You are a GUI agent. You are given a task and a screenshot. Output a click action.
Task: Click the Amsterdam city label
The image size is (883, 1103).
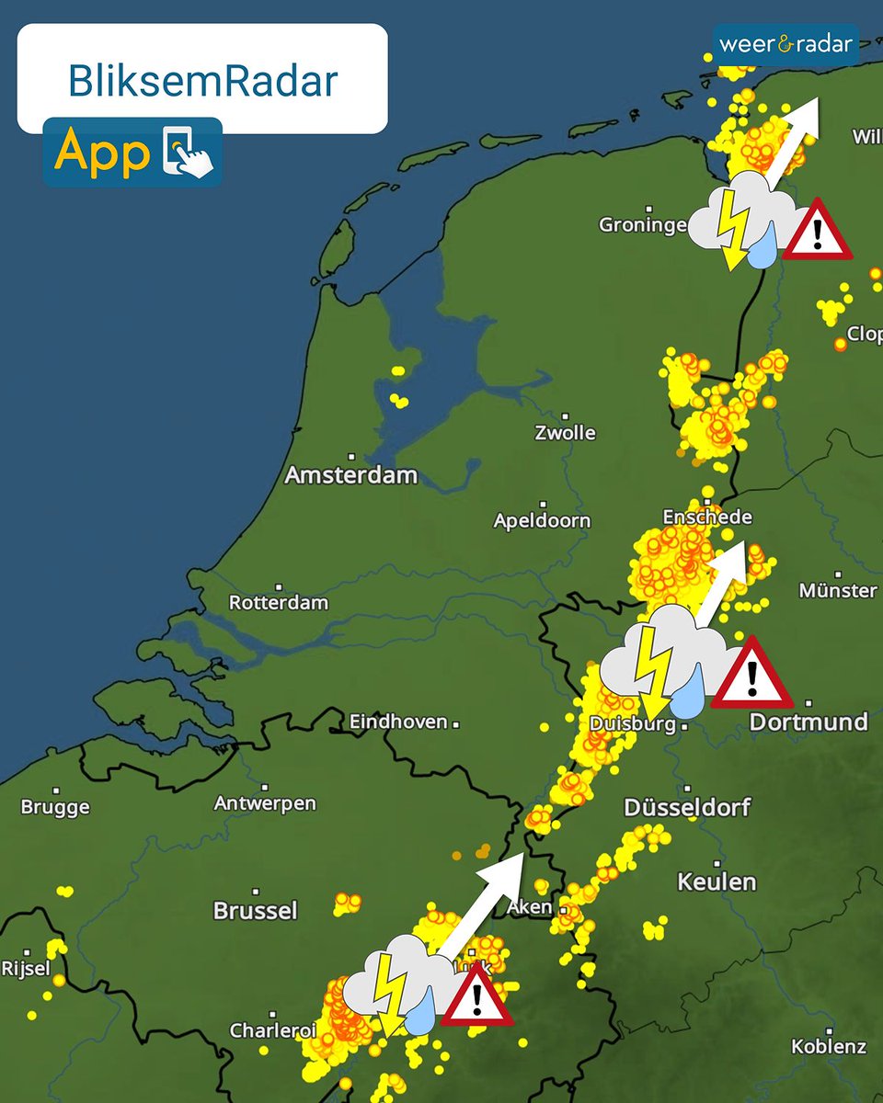[x=350, y=475]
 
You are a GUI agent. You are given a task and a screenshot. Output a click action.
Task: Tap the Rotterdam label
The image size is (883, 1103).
[x=279, y=603]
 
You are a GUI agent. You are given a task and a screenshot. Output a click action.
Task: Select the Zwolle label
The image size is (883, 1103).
[x=565, y=432]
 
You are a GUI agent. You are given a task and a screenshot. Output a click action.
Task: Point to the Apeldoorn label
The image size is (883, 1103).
[x=542, y=520]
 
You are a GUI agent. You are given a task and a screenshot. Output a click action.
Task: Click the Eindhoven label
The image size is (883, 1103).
[x=398, y=722]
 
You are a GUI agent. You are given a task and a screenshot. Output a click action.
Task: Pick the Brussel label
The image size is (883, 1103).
[x=256, y=910]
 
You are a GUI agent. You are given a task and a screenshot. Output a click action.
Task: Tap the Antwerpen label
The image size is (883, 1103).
[x=265, y=802]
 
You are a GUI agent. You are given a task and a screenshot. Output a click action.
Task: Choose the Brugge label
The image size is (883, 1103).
[x=55, y=807]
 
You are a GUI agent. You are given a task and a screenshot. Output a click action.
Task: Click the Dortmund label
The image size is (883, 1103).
[x=808, y=722]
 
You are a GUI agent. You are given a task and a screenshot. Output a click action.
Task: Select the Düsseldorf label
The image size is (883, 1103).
[x=687, y=807]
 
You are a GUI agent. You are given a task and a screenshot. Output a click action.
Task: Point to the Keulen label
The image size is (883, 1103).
[x=717, y=882]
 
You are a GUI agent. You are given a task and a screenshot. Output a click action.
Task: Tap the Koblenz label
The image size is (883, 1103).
[x=829, y=1046]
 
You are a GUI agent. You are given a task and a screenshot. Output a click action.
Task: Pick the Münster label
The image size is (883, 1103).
[x=838, y=590]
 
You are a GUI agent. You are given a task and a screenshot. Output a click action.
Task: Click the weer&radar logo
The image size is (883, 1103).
[x=786, y=43]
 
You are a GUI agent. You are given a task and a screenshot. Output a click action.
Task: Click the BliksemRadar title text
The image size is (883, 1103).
[x=202, y=82]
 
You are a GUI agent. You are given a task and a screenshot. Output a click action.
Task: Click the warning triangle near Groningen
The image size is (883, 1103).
[x=817, y=231]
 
